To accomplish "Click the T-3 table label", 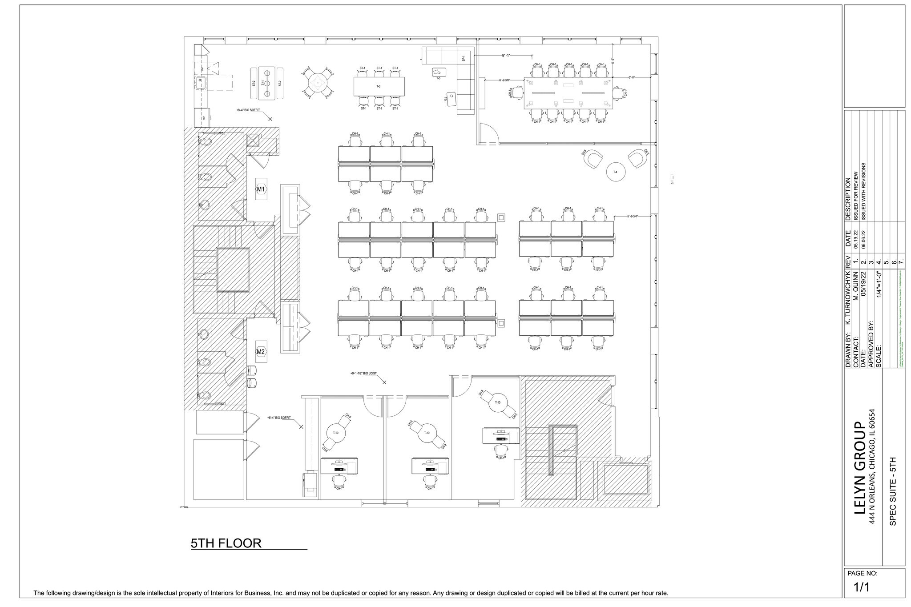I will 378,86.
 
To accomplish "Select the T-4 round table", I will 616,172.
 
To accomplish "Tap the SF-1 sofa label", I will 464,59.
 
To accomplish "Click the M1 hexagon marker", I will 261,189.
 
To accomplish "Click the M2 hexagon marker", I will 261,352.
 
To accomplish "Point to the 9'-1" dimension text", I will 506,56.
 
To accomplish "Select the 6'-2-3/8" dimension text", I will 504,80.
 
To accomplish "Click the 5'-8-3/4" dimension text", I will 633,216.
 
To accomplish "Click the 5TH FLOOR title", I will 226,543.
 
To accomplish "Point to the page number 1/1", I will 861,587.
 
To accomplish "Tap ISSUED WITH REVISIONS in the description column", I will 863,191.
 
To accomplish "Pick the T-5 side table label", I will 438,78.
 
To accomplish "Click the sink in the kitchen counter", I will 200,81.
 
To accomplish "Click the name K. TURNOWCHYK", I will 847,298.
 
